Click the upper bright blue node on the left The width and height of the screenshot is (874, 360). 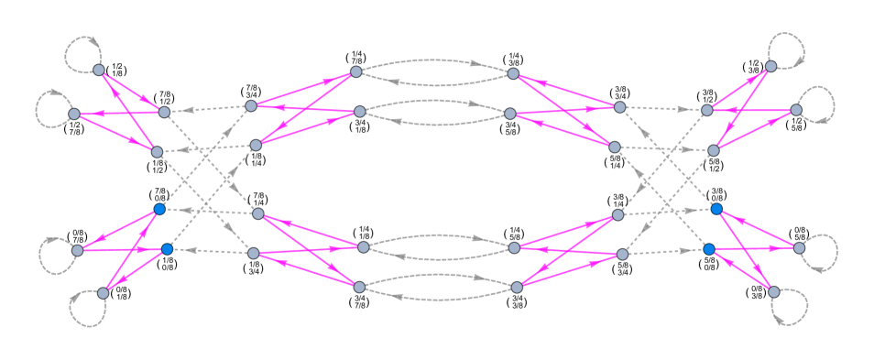click(x=159, y=210)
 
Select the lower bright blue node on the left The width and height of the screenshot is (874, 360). click(x=167, y=249)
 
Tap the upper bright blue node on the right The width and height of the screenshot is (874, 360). click(x=716, y=209)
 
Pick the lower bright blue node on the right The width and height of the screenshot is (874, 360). click(x=709, y=249)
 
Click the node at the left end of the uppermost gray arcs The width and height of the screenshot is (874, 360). click(x=356, y=71)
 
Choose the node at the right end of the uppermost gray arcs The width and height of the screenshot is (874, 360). click(x=513, y=73)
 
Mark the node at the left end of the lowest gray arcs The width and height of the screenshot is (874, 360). click(x=359, y=287)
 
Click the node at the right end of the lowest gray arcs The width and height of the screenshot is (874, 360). click(x=517, y=288)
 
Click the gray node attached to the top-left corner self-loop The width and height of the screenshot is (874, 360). click(x=99, y=71)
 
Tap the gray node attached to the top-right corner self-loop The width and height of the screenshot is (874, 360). click(x=770, y=66)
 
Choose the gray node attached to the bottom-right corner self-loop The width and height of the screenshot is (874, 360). click(x=773, y=292)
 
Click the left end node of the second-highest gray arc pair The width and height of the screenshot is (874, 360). click(x=359, y=112)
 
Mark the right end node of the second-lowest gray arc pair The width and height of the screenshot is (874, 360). click(x=514, y=248)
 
